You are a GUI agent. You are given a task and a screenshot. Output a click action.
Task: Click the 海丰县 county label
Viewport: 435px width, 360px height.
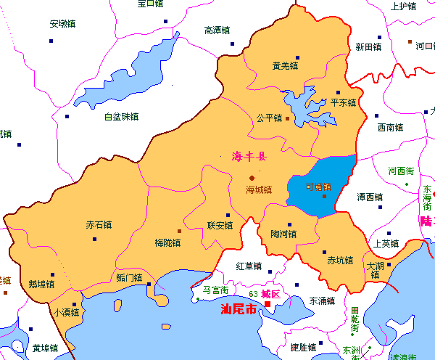coord(249,156)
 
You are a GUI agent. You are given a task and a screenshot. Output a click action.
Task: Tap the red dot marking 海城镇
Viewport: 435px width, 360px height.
coord(252,178)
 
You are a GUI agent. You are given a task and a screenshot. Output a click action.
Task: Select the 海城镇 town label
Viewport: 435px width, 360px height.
coord(259,190)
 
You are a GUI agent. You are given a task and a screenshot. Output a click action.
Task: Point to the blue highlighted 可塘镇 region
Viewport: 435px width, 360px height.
coord(323,185)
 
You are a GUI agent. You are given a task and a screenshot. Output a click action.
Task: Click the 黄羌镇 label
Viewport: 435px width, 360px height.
coord(285,66)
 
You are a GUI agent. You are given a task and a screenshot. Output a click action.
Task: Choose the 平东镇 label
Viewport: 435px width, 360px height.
coord(343,103)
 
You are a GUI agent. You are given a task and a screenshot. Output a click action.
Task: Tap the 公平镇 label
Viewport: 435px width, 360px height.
coord(269,118)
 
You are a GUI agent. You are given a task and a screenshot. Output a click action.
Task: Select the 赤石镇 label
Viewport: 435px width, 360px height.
coord(99,225)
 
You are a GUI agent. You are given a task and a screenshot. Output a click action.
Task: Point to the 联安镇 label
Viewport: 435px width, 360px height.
coord(220,226)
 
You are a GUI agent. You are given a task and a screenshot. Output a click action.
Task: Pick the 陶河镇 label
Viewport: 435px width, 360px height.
coord(283,234)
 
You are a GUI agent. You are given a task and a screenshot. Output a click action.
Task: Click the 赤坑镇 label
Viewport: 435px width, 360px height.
coord(340,261)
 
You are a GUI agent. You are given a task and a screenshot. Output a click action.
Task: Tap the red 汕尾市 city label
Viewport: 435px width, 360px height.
coord(239,309)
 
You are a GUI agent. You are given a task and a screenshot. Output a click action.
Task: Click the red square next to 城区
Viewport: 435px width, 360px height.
coord(268,305)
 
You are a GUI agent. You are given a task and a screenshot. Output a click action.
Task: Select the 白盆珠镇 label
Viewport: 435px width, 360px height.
coord(121,117)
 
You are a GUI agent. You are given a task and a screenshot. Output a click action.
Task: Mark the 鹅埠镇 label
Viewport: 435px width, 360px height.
coord(41,285)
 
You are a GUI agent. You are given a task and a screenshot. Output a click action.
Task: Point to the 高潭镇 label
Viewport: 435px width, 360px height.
coord(217,30)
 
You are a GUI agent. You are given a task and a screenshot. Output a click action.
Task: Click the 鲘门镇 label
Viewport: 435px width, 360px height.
coord(129,278)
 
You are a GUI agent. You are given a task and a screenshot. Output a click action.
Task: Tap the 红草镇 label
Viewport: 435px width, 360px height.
coord(249,266)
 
